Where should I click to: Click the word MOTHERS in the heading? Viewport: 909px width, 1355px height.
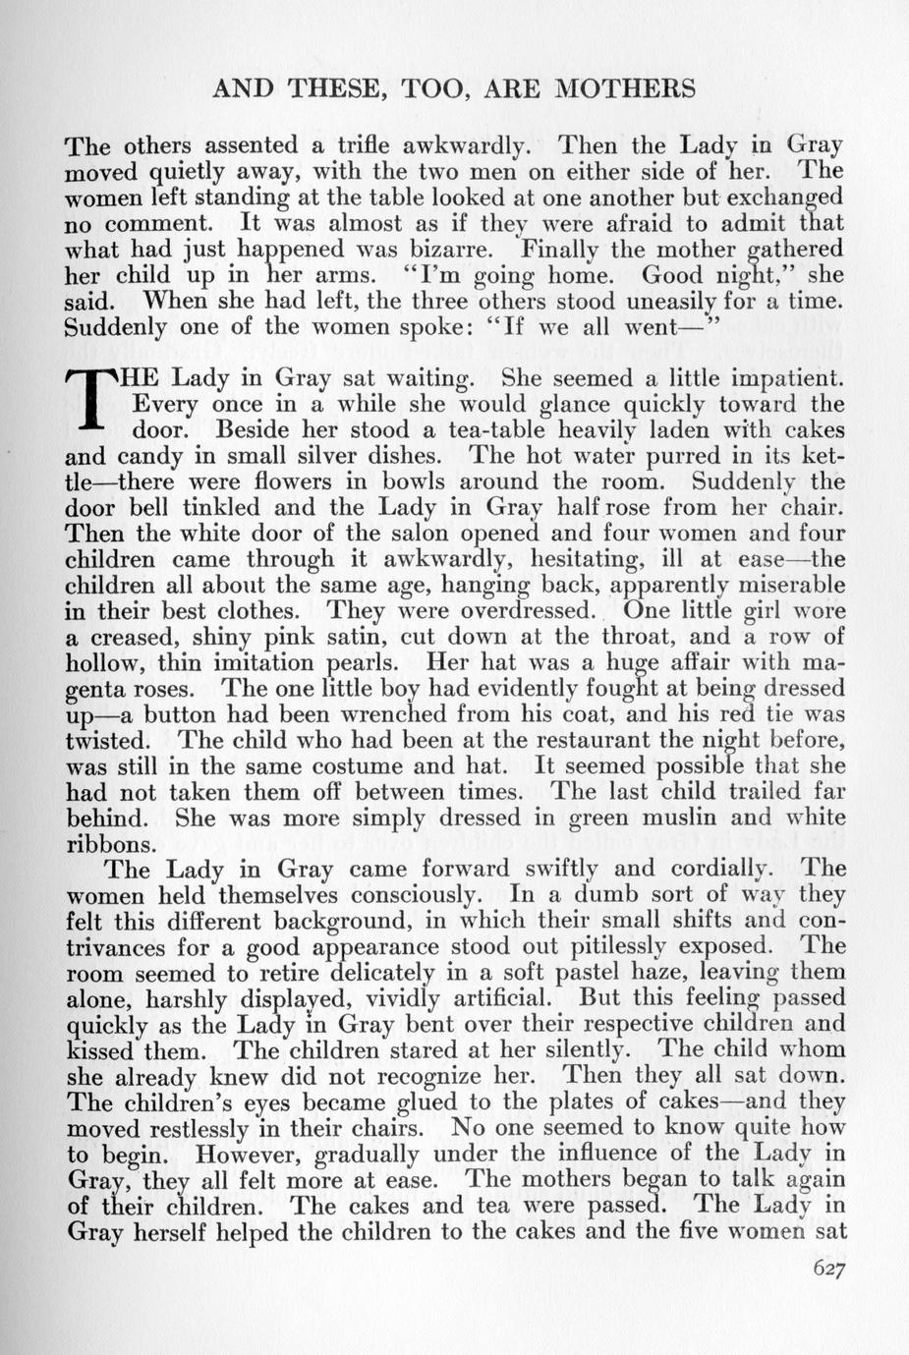click(x=626, y=89)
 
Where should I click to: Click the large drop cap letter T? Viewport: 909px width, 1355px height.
click(x=96, y=404)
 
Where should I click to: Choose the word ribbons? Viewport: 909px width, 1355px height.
click(x=108, y=844)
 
